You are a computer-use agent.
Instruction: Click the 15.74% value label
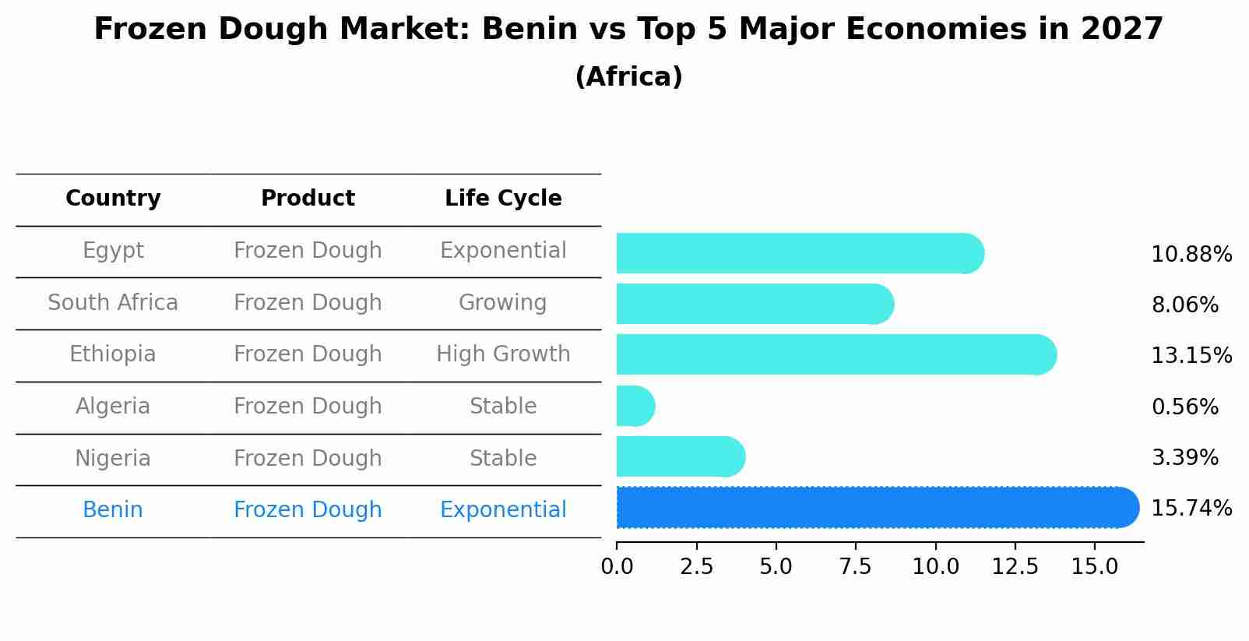(1191, 509)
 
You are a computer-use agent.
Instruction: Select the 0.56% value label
(1184, 407)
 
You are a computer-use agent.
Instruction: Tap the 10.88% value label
(1191, 255)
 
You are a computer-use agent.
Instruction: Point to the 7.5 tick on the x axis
(855, 567)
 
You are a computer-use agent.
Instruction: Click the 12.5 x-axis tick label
(1015, 567)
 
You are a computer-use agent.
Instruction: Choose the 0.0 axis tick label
(617, 567)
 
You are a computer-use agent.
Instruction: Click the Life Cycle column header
(503, 199)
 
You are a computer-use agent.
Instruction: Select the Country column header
(113, 199)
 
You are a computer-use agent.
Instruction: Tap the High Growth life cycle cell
(503, 354)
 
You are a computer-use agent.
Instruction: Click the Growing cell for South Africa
(503, 302)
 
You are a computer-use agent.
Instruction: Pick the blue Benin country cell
(113, 510)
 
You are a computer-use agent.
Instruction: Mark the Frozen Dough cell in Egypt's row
(308, 251)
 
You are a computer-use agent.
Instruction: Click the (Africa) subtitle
(628, 77)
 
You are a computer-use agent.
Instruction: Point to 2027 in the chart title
(1121, 30)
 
